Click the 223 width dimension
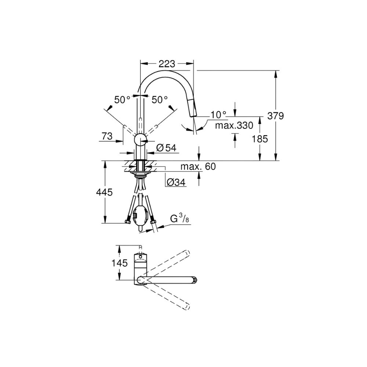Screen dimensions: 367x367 [x=167, y=63]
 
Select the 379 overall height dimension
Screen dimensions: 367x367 [x=276, y=116]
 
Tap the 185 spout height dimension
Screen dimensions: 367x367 [x=260, y=139]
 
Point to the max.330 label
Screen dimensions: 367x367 [x=234, y=126]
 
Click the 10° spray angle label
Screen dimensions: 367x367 [x=218, y=115]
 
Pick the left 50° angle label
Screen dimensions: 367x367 [x=122, y=100]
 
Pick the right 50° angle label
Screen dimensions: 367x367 [x=160, y=100]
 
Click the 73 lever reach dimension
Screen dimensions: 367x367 [x=107, y=136]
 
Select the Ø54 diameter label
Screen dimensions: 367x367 [x=166, y=148]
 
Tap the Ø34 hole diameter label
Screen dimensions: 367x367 [x=176, y=182]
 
